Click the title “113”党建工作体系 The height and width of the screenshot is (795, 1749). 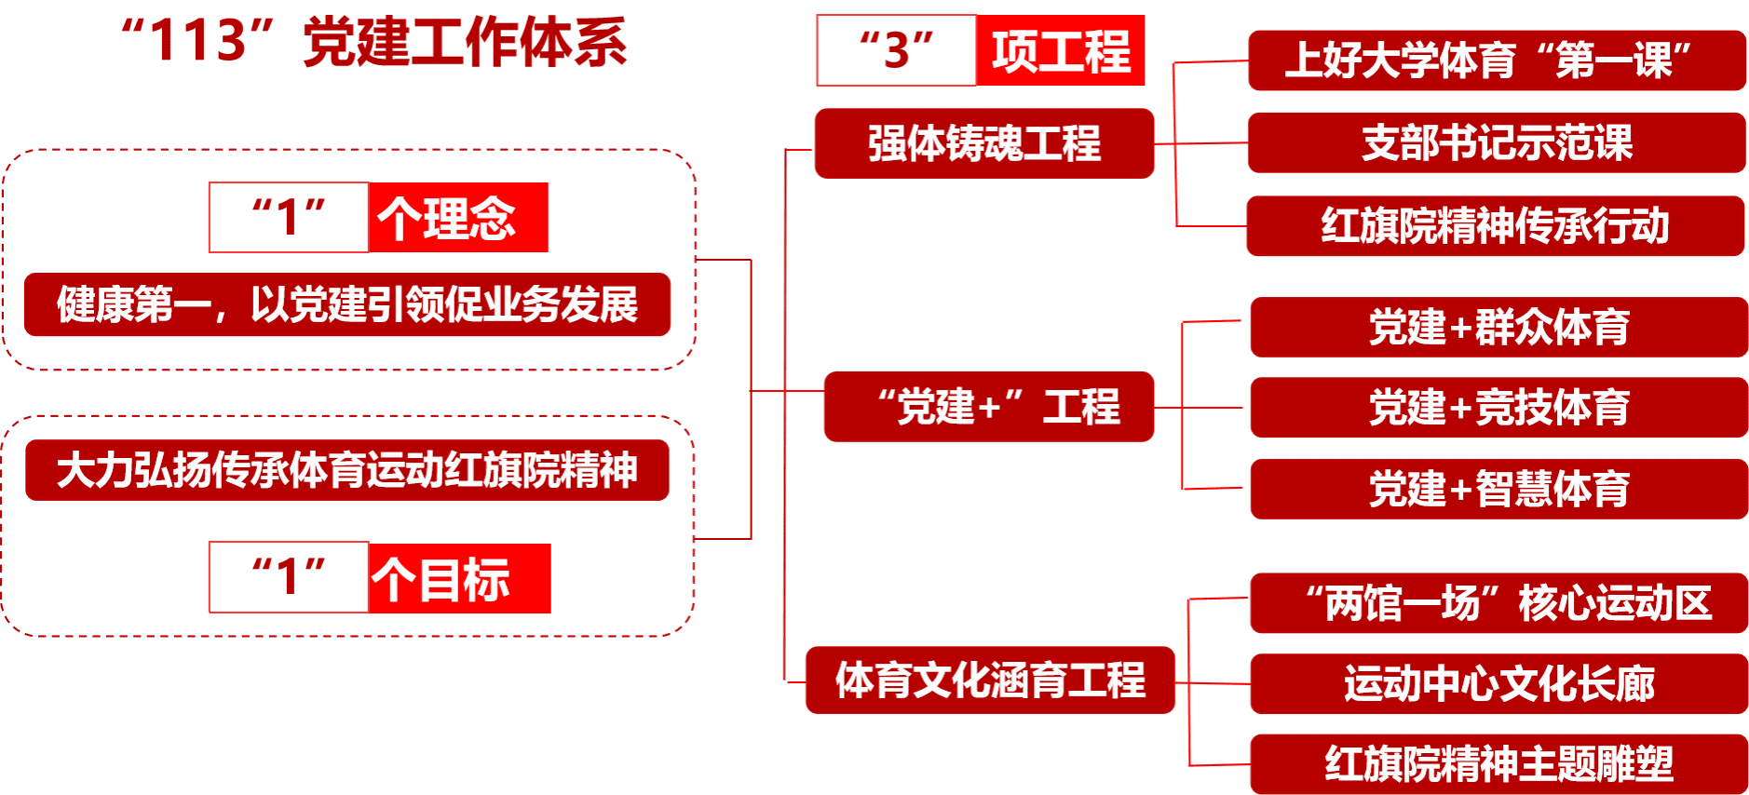coord(373,42)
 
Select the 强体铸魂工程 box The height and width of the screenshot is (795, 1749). coord(984,143)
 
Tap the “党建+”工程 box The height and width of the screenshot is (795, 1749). coord(989,407)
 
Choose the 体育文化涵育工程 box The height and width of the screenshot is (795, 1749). coord(990,680)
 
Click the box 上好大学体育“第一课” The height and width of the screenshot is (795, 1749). coord(1497,61)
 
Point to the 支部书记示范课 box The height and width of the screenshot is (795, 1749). coord(1497,142)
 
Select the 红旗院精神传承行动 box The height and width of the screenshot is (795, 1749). coord(1495,226)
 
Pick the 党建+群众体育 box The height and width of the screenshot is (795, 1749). coord(1498,327)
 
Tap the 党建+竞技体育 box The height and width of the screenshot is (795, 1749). coord(1498,408)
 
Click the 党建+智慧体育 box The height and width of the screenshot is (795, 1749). coord(1498,489)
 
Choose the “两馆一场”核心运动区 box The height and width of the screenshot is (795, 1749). coord(1498,603)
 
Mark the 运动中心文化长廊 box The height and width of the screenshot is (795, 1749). coord(1498,684)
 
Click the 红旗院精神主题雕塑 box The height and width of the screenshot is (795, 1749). coord(1498,764)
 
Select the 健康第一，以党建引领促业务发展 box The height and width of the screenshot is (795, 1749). coord(347,304)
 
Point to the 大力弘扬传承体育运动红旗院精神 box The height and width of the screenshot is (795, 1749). coord(347,470)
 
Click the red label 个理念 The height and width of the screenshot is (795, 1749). coord(458,218)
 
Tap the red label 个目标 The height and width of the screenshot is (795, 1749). coord(459,578)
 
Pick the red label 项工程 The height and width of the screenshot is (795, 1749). coord(1060,50)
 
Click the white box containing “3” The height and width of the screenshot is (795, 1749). coord(896,50)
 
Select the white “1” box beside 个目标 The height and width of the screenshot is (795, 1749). coord(289,577)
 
